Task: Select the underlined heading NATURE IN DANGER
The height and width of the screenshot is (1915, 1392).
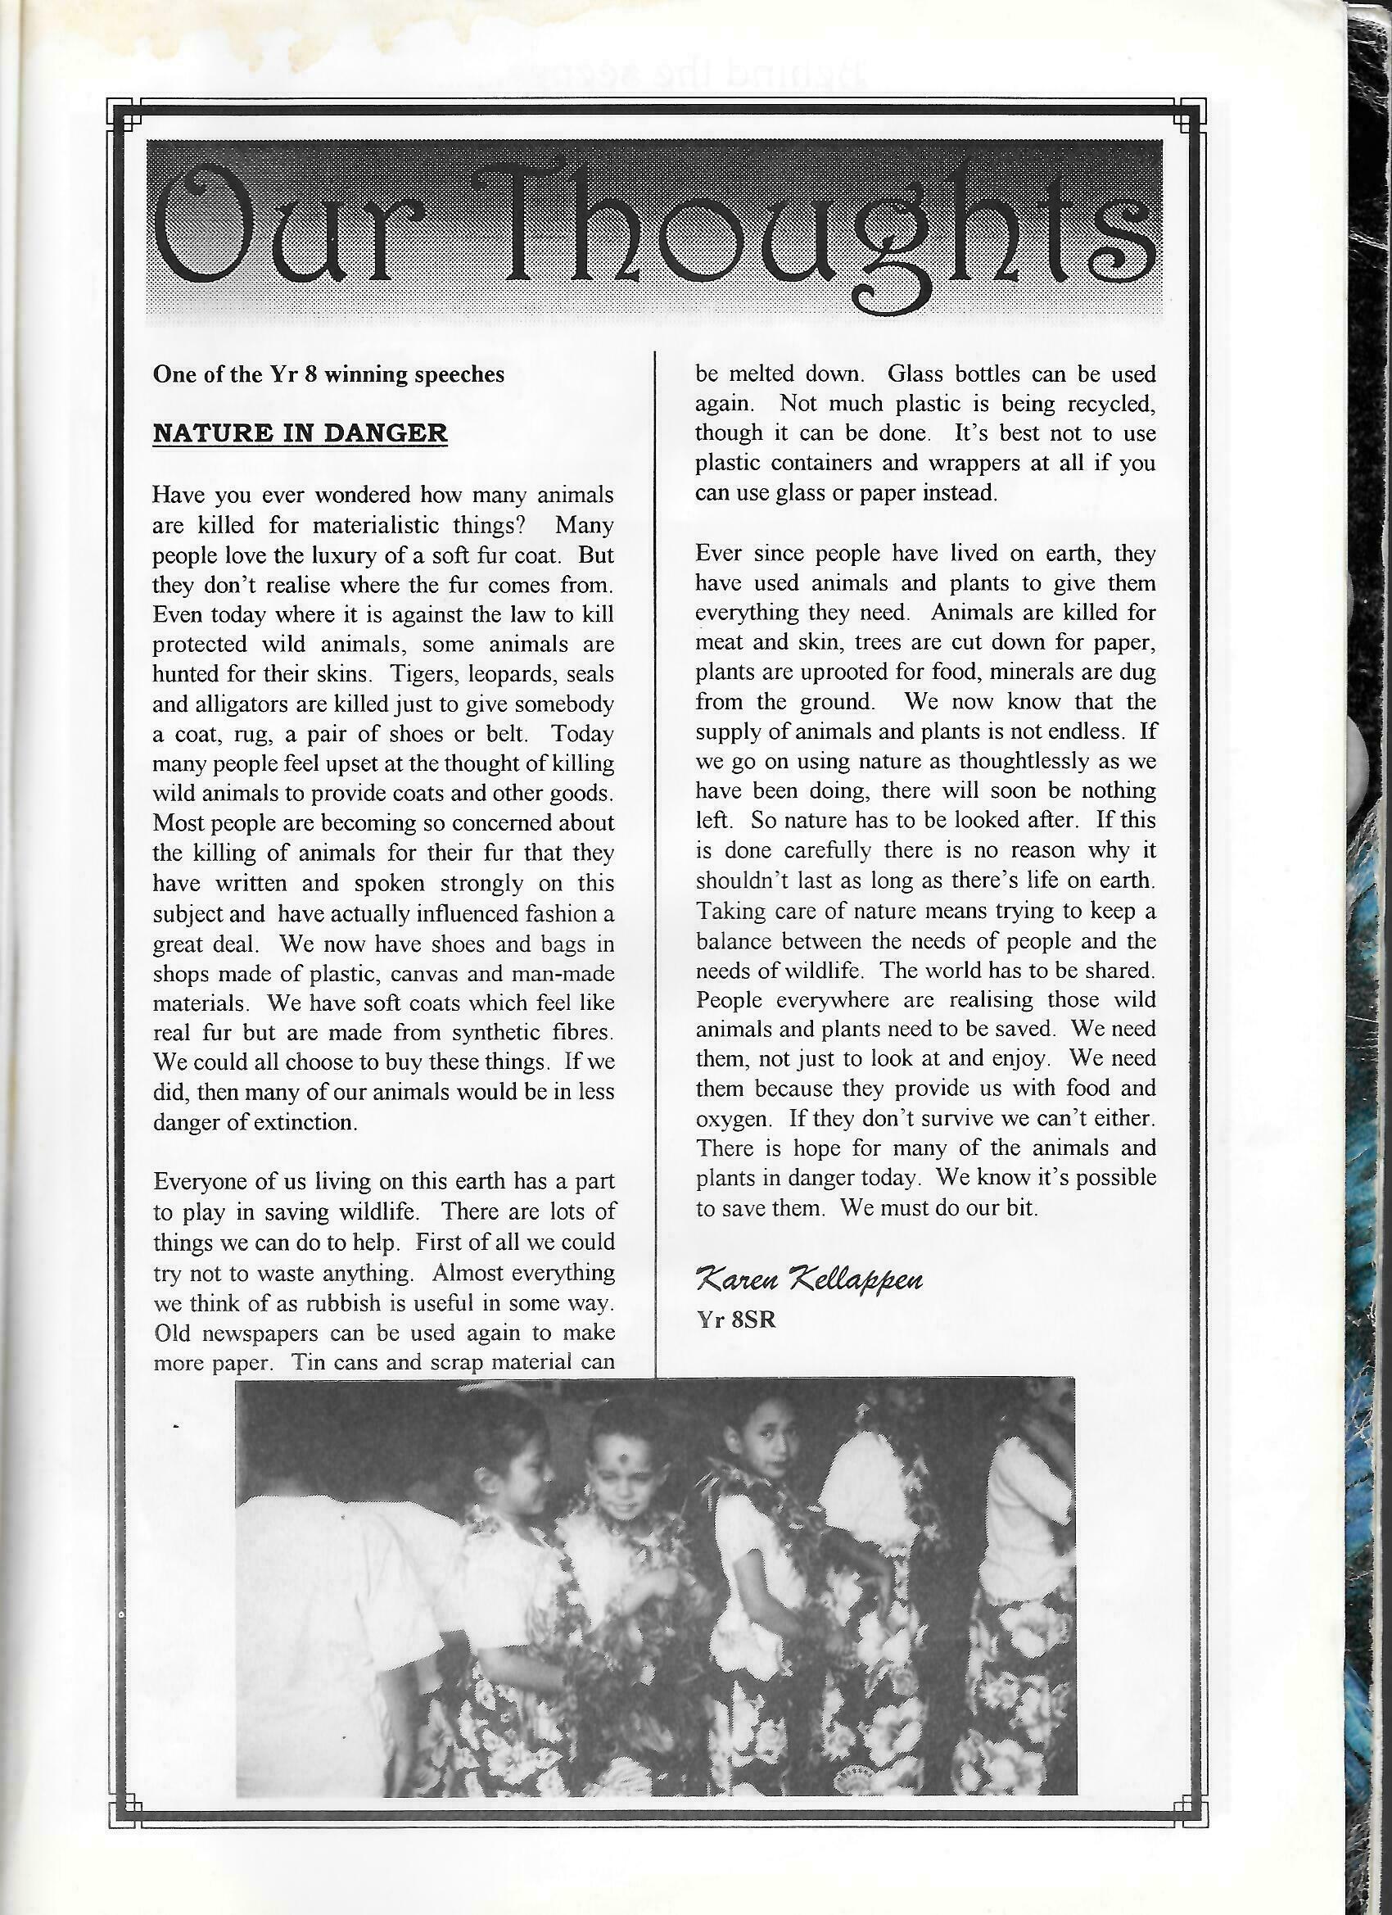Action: click(300, 434)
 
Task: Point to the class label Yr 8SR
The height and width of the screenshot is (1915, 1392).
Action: click(735, 1320)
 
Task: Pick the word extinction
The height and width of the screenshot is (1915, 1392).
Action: click(307, 1122)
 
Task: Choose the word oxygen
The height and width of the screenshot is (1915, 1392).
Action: click(733, 1119)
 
